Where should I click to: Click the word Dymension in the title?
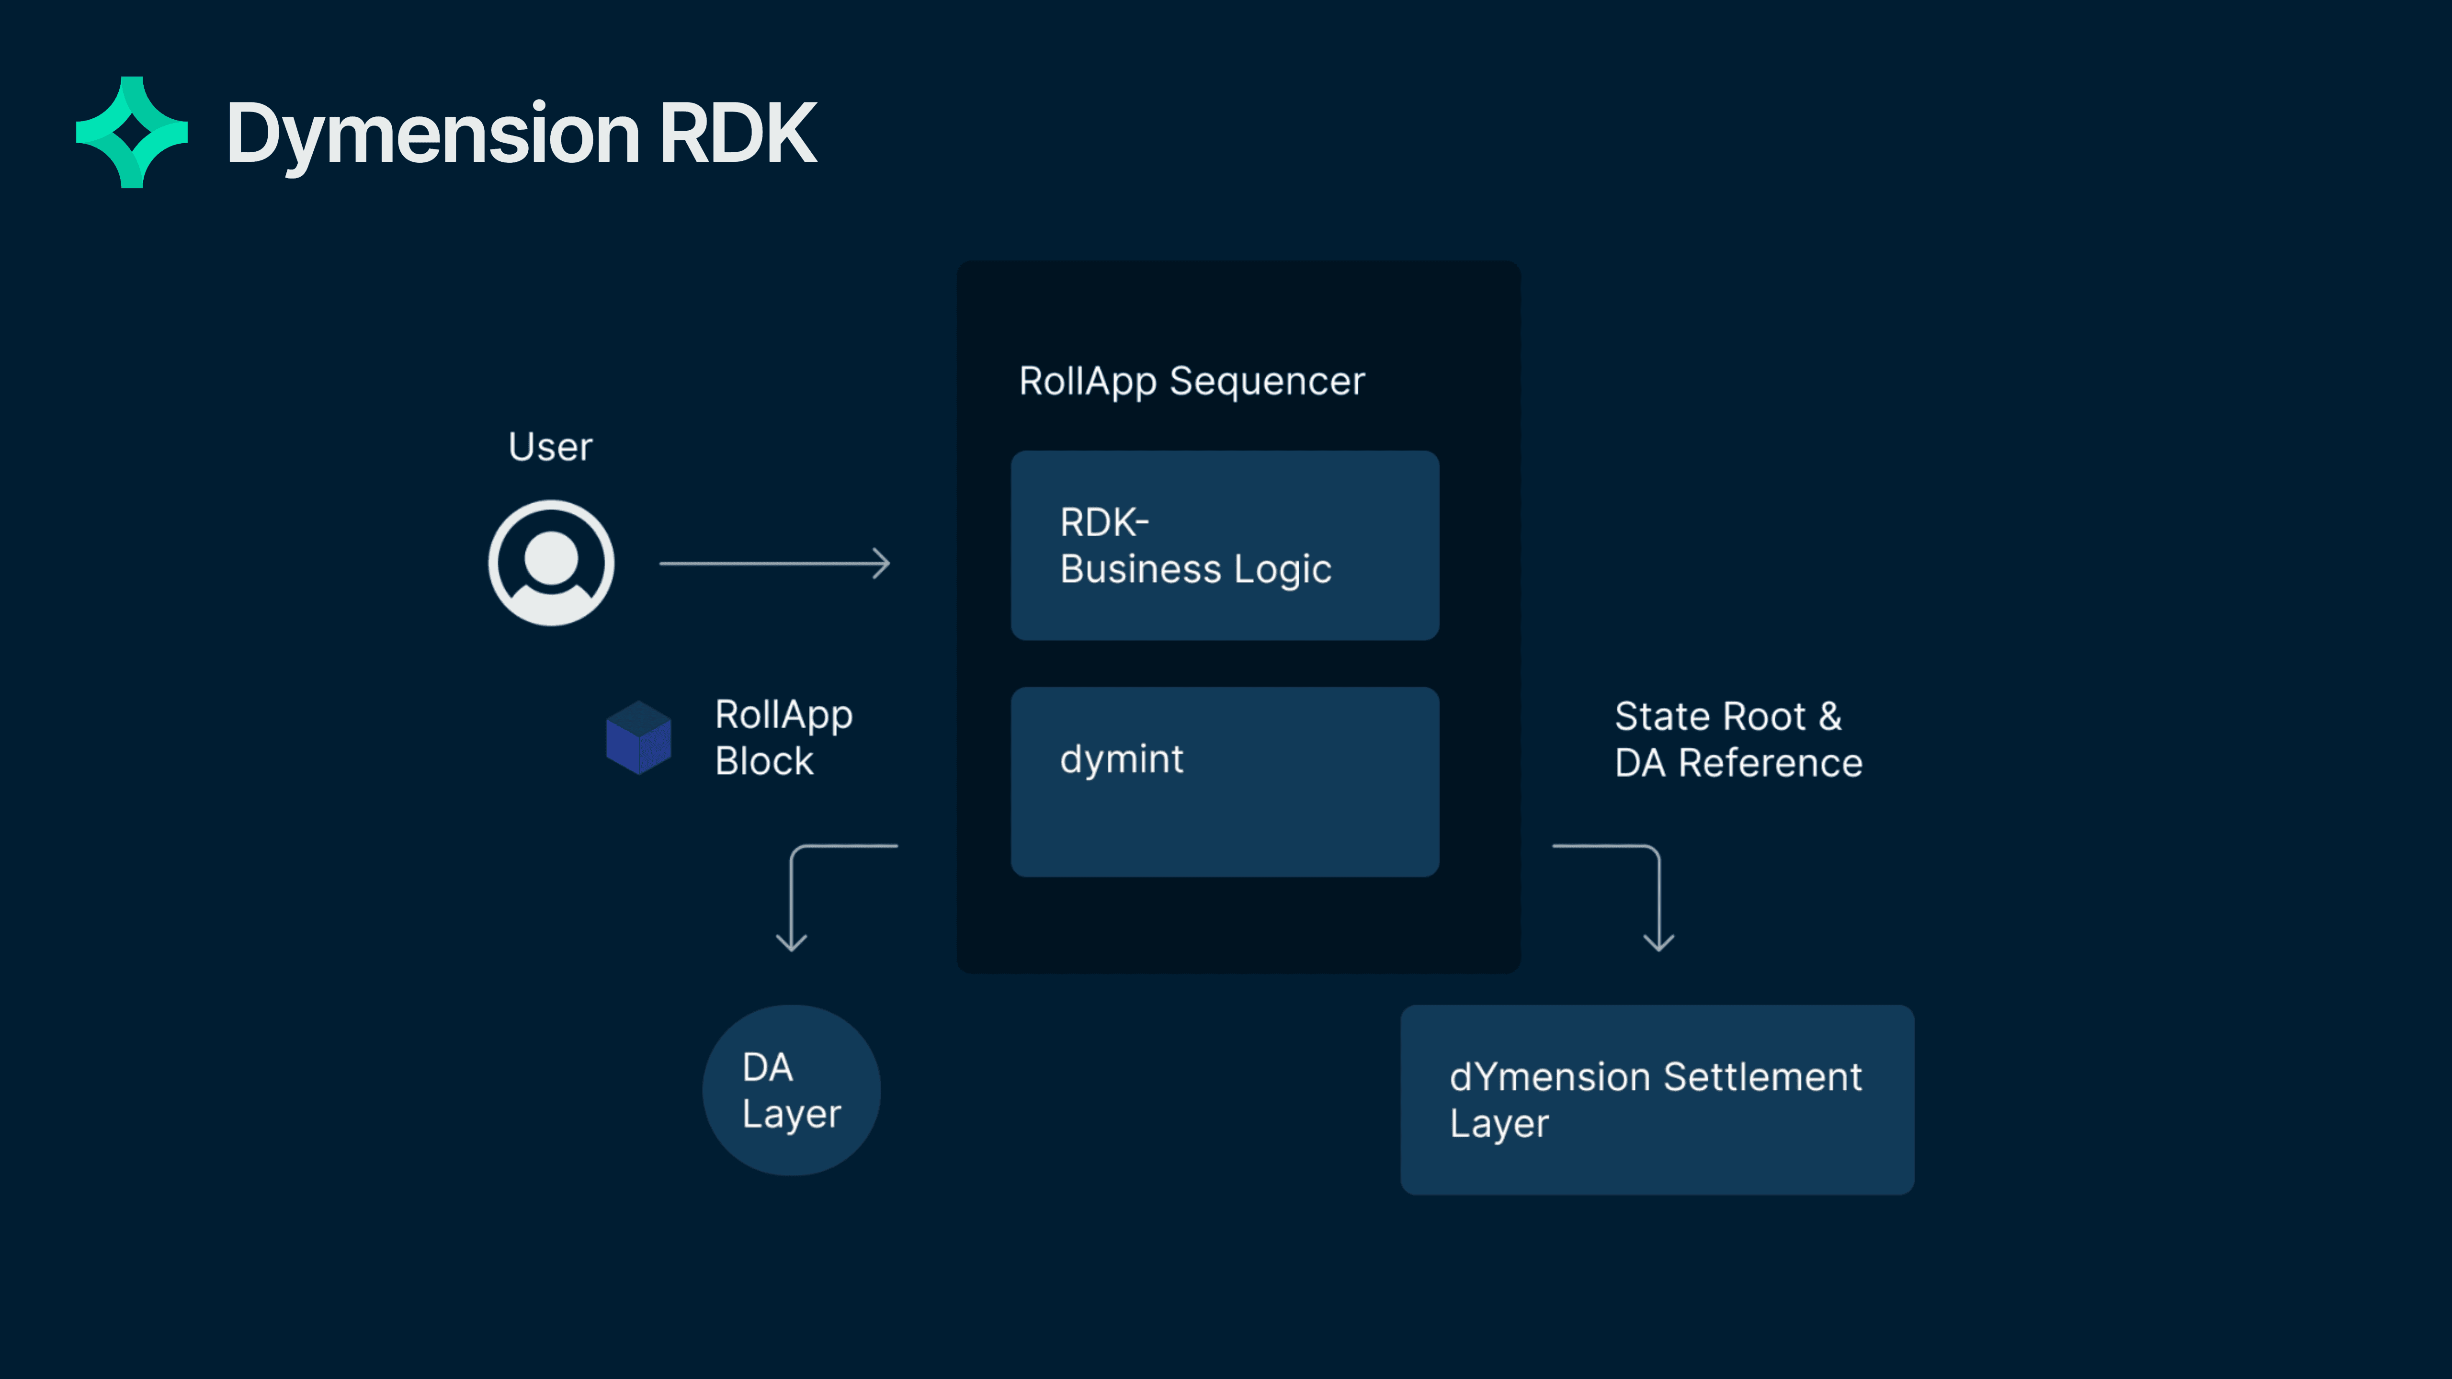coord(433,134)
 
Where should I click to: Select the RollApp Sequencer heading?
coord(1192,382)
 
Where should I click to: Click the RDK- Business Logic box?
coord(1224,545)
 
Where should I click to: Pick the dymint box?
coord(1224,781)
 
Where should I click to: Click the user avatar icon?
coord(551,563)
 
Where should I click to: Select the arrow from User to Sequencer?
coord(774,564)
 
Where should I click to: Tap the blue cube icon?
coord(639,737)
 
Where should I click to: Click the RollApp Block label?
coord(783,737)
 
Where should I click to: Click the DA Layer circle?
coord(791,1091)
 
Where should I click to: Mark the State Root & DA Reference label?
coord(1738,739)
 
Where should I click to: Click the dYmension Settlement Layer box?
coord(1656,1100)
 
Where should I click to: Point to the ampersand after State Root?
coord(1829,717)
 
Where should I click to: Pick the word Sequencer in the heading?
coord(1267,382)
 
